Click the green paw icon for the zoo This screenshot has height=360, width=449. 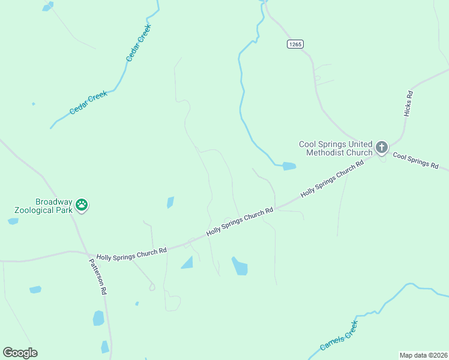[x=82, y=206]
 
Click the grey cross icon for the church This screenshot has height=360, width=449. [x=381, y=147]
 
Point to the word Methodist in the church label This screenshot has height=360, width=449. [x=325, y=152]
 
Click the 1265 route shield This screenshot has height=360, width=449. [x=295, y=44]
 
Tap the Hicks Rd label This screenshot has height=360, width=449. [x=409, y=103]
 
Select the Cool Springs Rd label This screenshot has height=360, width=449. [x=416, y=160]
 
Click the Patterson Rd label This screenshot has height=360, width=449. [x=98, y=276]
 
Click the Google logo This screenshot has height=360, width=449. [x=20, y=353]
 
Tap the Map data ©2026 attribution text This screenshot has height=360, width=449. [x=423, y=355]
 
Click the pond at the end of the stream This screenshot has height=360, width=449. [x=289, y=166]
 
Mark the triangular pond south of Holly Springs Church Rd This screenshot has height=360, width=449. [x=188, y=263]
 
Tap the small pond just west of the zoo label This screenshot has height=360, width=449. [x=13, y=221]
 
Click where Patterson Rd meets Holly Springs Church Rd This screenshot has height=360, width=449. [x=86, y=253]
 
